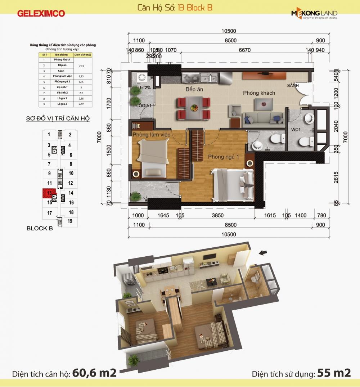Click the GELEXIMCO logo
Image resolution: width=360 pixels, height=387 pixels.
(41, 14)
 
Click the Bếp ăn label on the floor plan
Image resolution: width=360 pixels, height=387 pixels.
(194, 89)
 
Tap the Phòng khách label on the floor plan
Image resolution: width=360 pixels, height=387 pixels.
(258, 93)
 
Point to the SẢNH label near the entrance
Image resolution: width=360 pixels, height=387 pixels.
(293, 86)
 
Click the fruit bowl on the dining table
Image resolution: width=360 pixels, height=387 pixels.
(194, 107)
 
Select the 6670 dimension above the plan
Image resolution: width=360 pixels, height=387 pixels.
(244, 50)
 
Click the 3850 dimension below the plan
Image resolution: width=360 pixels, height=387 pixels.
(217, 216)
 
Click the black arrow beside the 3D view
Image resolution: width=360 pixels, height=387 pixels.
(263, 253)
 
